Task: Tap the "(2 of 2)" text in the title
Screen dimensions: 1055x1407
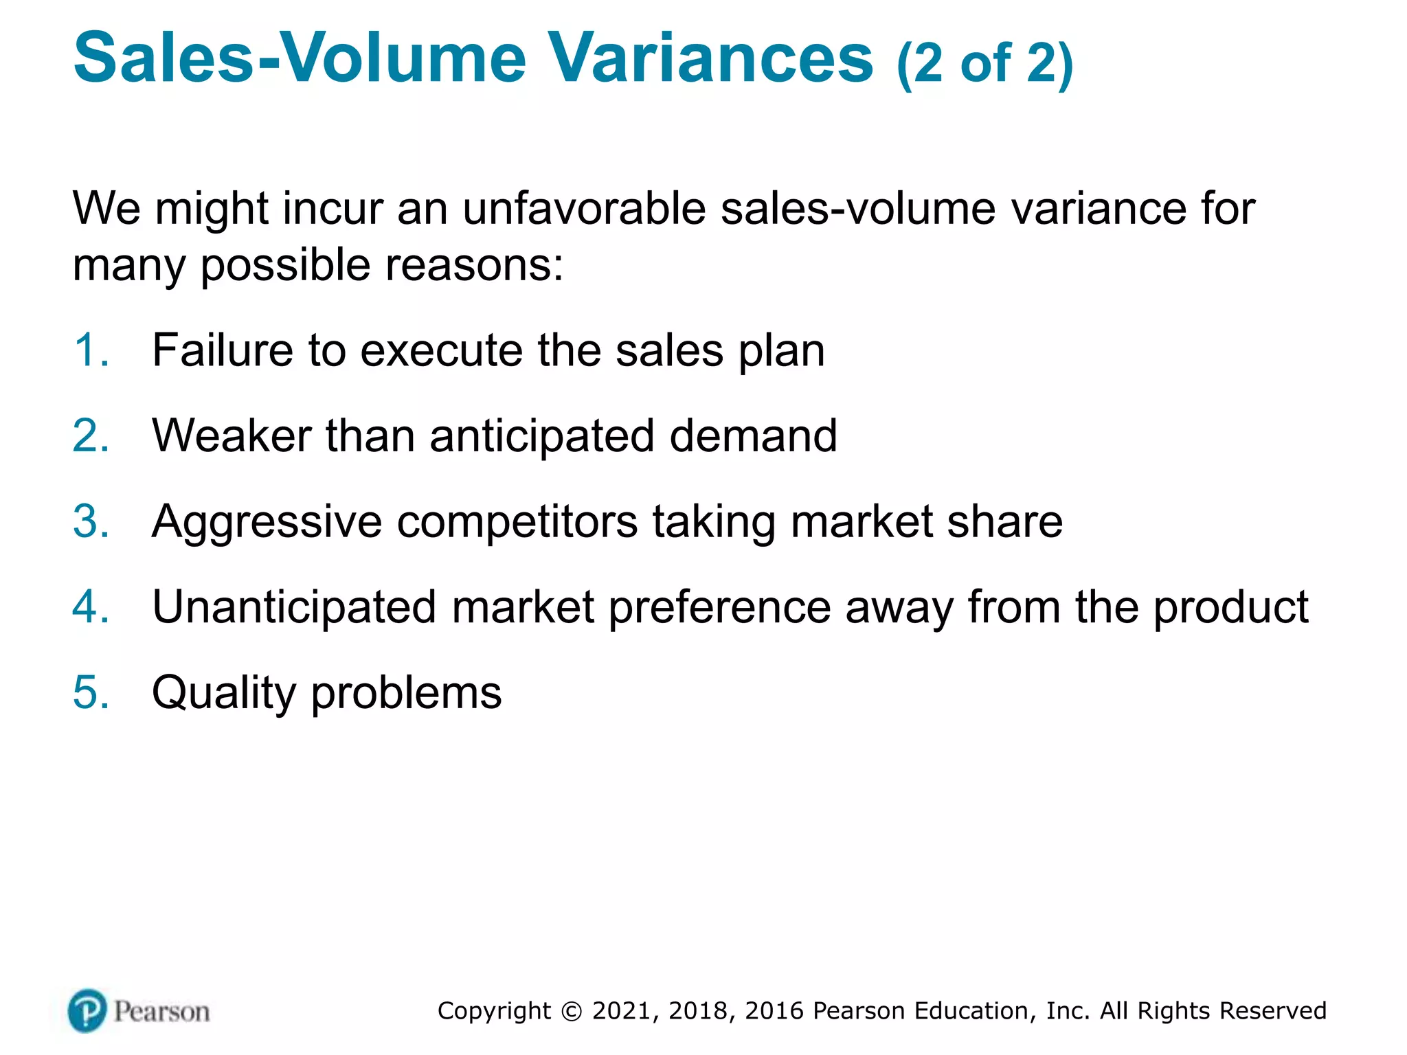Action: coord(984,63)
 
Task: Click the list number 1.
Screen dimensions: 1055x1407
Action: coord(91,350)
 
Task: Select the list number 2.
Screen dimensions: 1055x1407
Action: coord(91,435)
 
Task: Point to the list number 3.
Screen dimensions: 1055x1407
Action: coord(91,521)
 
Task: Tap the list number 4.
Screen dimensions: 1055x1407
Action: coord(91,607)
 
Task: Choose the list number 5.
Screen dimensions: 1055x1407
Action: coord(91,692)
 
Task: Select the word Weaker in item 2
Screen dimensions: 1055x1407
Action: coord(232,435)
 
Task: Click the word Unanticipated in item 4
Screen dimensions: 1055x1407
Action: coord(294,609)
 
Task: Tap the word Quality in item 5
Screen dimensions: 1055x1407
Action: coord(224,694)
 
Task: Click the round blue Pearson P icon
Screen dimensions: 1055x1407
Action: coord(87,1010)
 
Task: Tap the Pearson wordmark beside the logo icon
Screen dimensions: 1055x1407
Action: coord(161,1012)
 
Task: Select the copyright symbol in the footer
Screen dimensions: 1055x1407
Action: coord(570,1011)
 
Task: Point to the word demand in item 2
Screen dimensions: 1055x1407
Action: coord(753,435)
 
